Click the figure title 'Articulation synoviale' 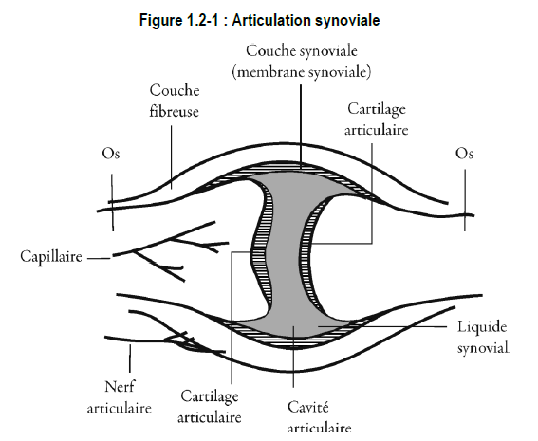pos(306,20)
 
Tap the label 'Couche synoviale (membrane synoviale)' pos(302,62)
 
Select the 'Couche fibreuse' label pos(175,101)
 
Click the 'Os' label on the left pos(111,154)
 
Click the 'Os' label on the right pos(465,154)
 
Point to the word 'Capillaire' pos(51,256)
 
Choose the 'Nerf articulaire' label pos(119,397)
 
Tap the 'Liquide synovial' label pos(483,337)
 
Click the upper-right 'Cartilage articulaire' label pos(377,119)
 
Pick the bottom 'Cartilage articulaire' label pos(210,407)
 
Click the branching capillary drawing pos(171,251)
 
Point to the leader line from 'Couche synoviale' pos(301,127)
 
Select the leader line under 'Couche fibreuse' pos(171,157)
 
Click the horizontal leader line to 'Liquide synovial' pos(382,326)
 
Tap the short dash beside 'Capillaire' pos(99,258)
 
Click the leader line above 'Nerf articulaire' pos(130,358)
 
